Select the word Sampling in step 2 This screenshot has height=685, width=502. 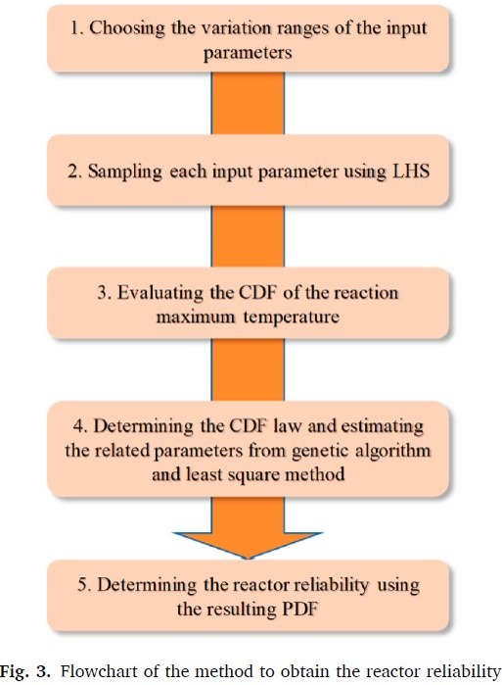coord(124,172)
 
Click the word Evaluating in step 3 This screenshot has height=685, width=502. coord(160,294)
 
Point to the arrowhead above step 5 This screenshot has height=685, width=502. coord(248,545)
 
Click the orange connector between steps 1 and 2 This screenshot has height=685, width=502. coord(248,103)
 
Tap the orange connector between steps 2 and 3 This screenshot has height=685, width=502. coord(248,236)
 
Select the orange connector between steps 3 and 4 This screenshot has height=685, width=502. coord(248,370)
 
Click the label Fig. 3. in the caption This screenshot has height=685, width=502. coord(25,671)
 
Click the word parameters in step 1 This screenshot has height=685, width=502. coord(248,53)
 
